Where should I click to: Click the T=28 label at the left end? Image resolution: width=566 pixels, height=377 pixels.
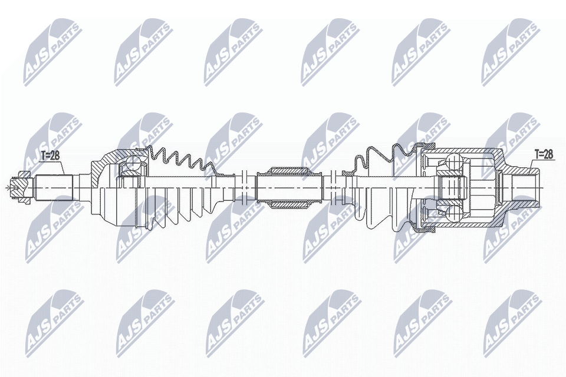(50, 156)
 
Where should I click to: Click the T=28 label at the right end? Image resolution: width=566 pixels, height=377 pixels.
(544, 154)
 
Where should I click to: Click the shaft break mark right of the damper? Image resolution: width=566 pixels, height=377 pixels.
(334, 187)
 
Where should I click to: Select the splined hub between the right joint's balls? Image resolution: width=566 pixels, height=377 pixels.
(451, 187)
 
